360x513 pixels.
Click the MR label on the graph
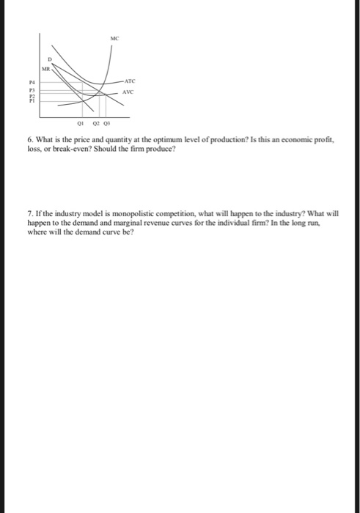point(45,67)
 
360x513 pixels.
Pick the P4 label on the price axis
point(32,82)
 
